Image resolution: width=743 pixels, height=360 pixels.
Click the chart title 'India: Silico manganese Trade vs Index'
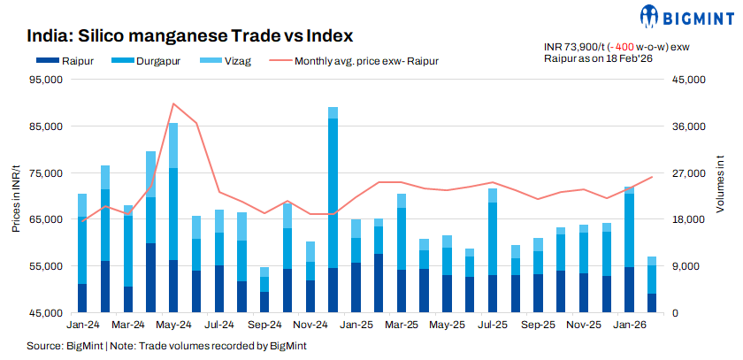coord(189,36)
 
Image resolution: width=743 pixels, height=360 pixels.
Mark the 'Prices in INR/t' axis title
coord(15,195)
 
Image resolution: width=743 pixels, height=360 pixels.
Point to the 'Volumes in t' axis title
coord(720,195)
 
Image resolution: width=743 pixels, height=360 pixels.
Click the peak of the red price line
coord(173,103)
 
